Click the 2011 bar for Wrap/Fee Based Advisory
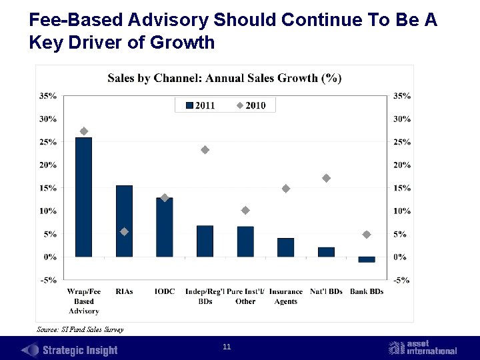pos(84,197)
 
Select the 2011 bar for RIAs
pos(124,221)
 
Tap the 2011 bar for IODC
pos(165,227)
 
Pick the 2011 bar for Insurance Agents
pos(285,247)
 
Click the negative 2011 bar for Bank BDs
pos(367,259)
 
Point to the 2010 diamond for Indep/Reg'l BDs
pos(205,150)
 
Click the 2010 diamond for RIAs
pos(124,231)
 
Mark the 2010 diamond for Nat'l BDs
pos(326,178)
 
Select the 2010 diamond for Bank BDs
pos(367,235)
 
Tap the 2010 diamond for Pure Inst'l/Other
pos(245,211)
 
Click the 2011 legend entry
pos(200,105)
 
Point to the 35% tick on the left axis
pos(48,96)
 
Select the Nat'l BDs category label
pos(326,292)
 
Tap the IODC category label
pos(165,292)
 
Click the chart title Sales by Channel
pos(225,78)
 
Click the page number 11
pos(227,347)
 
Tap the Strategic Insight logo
pos(70,350)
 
